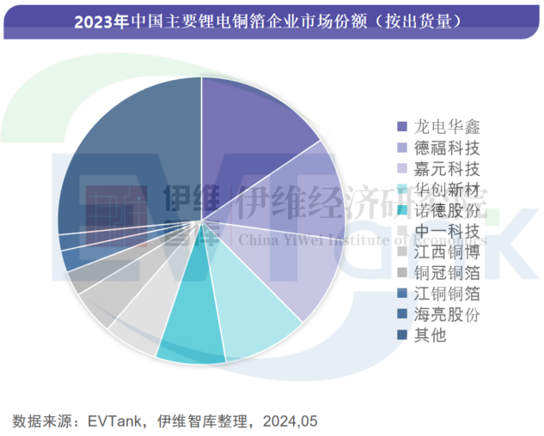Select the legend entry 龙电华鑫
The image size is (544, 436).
coord(436,126)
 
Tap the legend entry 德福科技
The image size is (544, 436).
coord(436,147)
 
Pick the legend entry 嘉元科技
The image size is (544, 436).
coord(436,168)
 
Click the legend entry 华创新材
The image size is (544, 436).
coord(436,189)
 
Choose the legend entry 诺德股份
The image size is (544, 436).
coord(436,210)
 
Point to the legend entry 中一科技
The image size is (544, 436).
coord(436,231)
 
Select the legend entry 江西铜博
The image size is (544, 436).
coord(436,251)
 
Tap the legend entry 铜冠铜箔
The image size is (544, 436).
coord(436,273)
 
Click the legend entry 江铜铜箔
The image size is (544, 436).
coord(436,294)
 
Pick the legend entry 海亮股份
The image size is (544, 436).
coord(436,314)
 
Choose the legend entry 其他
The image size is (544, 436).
coord(426,336)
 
